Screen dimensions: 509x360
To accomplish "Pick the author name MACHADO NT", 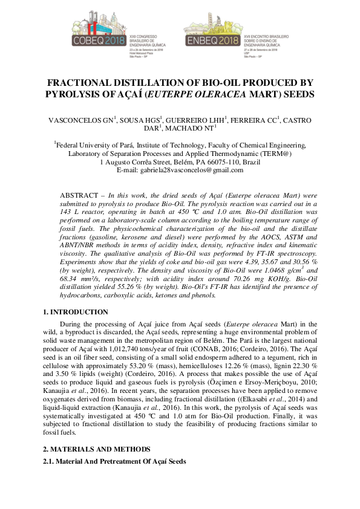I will [190, 129].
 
